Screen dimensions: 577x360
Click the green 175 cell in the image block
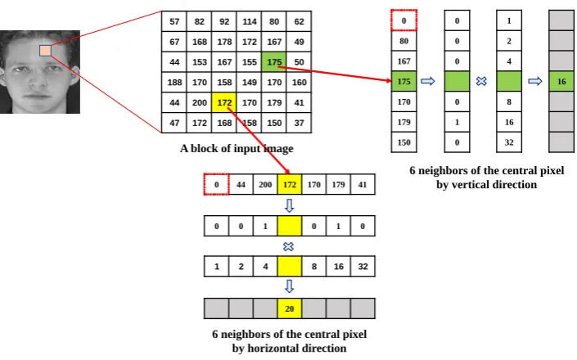tap(274, 62)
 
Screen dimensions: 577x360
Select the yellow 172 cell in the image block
tap(224, 102)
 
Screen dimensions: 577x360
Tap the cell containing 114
tap(249, 21)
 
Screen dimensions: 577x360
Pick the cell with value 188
tap(174, 83)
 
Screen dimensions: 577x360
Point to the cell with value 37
tap(300, 123)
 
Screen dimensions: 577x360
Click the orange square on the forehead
tap(45, 51)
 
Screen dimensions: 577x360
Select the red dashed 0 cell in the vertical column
tap(403, 20)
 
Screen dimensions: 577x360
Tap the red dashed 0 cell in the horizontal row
tap(216, 184)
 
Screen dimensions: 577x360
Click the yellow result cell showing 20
tap(289, 308)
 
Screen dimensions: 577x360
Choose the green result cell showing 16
tap(561, 81)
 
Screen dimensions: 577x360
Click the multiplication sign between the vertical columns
tap(481, 81)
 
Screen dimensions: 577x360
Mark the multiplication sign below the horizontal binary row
tap(288, 246)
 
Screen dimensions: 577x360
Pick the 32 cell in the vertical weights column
tap(509, 142)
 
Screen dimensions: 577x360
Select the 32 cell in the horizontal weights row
tap(363, 266)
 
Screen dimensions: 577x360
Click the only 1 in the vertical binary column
tap(457, 122)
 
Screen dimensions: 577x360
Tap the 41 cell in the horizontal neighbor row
tap(363, 184)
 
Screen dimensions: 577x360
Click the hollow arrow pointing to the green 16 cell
tap(535, 81)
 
